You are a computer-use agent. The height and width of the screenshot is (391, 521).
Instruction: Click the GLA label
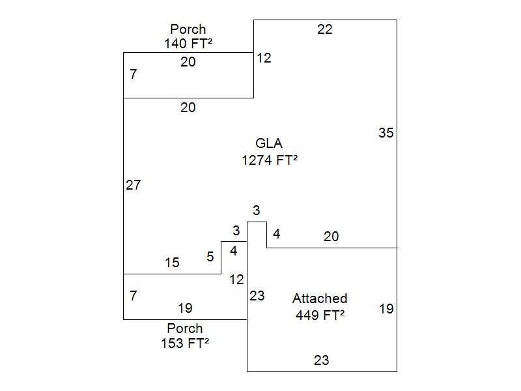point(269,143)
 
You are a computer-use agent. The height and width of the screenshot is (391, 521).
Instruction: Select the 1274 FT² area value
point(269,160)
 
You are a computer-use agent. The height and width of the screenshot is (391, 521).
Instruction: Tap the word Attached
point(320,298)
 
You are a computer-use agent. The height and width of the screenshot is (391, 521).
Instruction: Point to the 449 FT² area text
point(320,315)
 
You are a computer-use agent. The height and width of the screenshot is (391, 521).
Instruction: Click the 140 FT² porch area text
point(188,44)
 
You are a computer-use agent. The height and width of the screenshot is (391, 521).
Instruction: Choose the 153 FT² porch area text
point(185,343)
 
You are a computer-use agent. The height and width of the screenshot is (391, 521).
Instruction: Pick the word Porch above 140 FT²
point(188,29)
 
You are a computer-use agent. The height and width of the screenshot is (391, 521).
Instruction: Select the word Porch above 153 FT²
point(185,328)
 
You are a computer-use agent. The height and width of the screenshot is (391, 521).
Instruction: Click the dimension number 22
point(325,29)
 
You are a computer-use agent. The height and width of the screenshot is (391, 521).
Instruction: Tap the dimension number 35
point(386,133)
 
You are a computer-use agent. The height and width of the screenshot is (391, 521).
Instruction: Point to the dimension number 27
point(134,185)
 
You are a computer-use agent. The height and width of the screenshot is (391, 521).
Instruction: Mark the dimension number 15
point(172,263)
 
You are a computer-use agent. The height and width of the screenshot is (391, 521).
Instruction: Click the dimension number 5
point(210,257)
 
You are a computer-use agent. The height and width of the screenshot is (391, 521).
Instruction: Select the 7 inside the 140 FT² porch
point(134,74)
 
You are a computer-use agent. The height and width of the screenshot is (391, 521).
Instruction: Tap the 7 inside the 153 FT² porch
point(134,296)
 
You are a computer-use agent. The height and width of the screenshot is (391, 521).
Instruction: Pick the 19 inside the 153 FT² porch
point(185,308)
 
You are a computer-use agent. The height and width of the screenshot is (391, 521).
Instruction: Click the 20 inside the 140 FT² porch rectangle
point(188,62)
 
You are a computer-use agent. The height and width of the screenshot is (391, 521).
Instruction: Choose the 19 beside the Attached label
point(386,309)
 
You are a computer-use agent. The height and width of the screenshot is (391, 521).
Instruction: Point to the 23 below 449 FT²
point(322,360)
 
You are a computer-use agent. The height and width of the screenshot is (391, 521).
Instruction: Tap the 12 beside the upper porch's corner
point(264,58)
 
